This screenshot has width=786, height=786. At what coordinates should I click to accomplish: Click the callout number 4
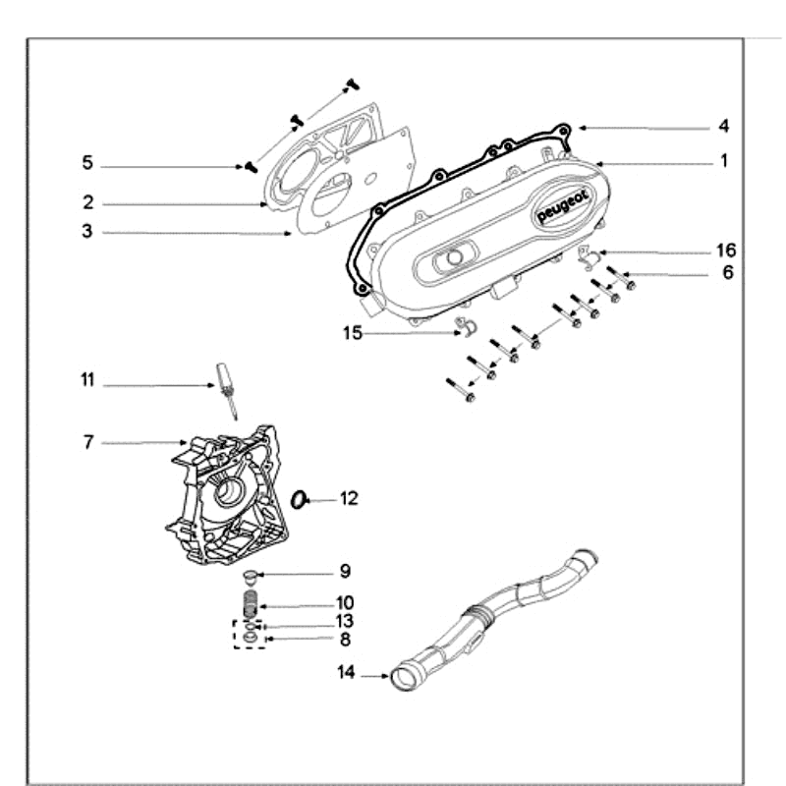point(723,127)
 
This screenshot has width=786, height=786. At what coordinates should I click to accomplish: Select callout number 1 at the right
point(724,160)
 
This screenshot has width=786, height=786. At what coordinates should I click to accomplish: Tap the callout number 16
point(725,251)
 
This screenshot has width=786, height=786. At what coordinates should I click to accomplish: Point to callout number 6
point(727,273)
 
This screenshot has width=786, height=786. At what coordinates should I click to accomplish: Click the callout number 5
point(86,163)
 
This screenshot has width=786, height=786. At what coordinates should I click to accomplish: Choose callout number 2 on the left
point(87,202)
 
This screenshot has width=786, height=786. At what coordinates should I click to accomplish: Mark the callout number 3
point(86,232)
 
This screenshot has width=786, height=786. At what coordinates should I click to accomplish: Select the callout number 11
point(88,379)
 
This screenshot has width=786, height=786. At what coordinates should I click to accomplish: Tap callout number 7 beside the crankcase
point(87,443)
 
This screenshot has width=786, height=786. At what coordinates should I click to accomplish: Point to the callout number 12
point(349,499)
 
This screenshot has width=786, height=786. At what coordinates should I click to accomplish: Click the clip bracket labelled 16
point(589,257)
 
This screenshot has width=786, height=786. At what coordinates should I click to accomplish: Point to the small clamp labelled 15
point(465,327)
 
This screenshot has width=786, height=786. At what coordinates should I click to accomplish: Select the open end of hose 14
point(402,677)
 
